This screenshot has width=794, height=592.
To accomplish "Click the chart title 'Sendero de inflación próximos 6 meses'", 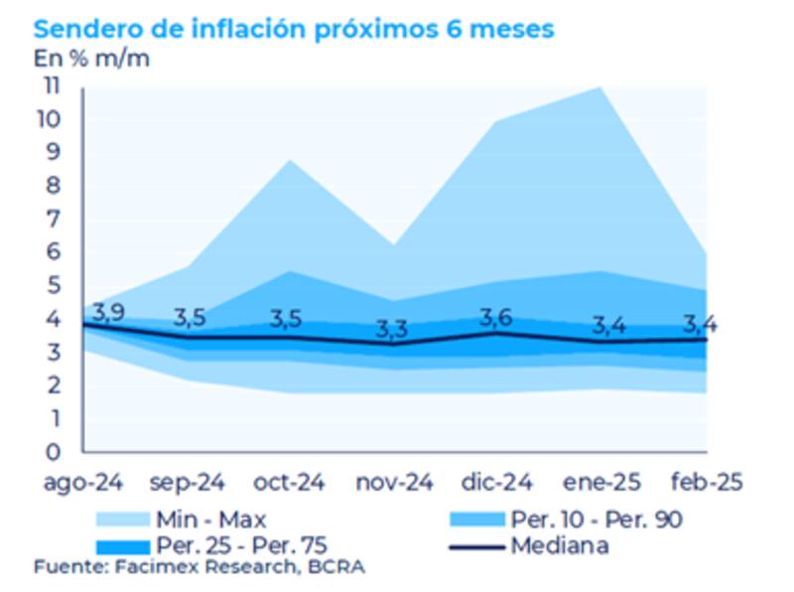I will tap(294, 29).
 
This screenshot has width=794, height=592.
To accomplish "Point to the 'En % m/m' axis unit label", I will tap(92, 59).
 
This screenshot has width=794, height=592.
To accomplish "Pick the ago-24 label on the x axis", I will tap(82, 483).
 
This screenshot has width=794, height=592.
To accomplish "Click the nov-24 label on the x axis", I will tap(394, 483).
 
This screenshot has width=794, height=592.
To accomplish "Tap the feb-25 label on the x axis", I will tap(706, 483).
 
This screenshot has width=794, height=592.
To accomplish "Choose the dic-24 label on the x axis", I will tap(498, 483).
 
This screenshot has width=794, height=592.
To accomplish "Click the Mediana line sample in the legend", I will tap(475, 545).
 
